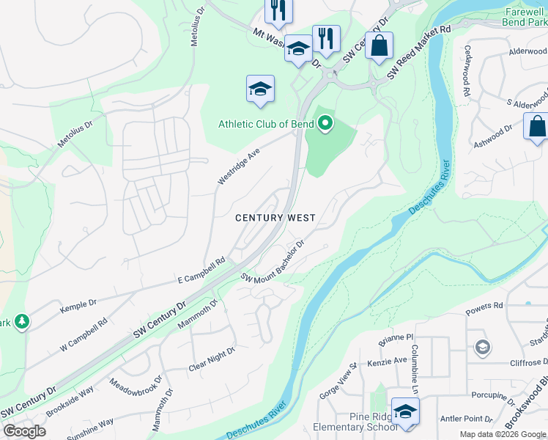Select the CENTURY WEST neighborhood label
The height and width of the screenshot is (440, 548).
coord(275,218)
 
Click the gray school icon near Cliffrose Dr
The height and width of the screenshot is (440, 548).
coord(482,346)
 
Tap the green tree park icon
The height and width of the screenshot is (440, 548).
coord(22,321)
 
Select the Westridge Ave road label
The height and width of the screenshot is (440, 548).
coord(239,166)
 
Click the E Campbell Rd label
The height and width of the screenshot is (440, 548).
coord(201,271)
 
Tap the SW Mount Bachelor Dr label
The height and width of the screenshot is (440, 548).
coord(272,262)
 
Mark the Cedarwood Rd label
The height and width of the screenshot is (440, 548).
coord(466,71)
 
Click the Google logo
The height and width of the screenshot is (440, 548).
coord(24,431)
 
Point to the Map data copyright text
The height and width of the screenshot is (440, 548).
coord(503,434)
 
